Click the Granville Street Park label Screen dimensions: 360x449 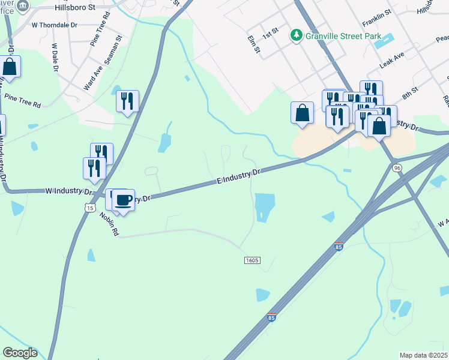[343, 36]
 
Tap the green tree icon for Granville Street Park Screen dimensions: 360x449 [296, 35]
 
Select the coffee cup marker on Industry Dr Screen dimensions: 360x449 [123, 200]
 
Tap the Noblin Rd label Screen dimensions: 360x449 [110, 223]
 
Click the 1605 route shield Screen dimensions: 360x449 [252, 260]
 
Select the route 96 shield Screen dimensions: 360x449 [397, 168]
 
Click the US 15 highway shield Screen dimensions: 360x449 [90, 207]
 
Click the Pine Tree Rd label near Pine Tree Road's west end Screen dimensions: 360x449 [22, 100]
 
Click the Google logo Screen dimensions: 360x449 [20, 353]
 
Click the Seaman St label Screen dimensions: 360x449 [113, 46]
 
